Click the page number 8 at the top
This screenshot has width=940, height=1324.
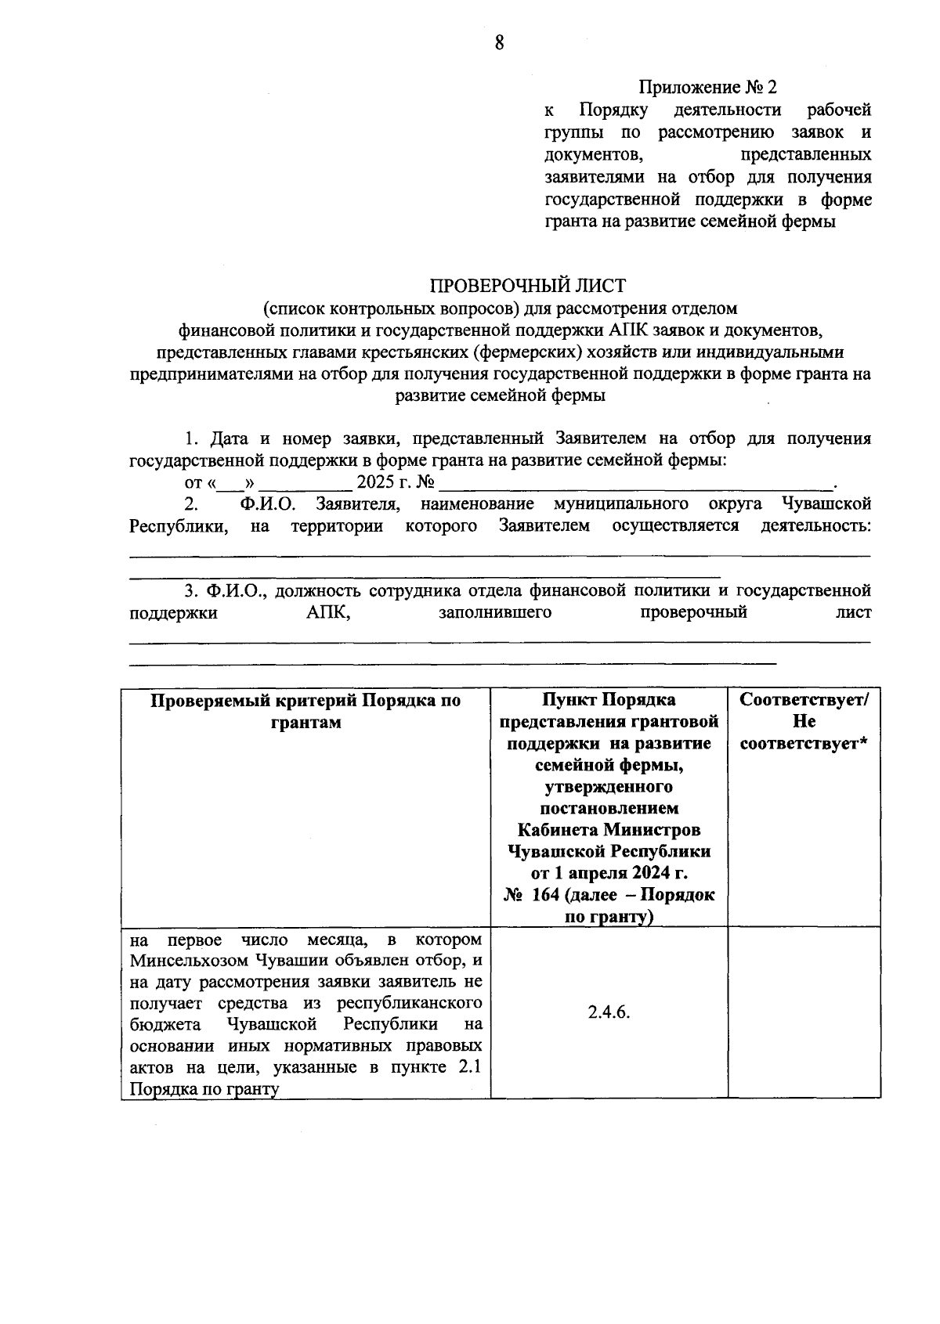tap(499, 43)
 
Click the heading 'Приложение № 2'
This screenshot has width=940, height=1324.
tap(709, 87)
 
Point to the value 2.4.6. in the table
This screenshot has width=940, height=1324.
tap(609, 1012)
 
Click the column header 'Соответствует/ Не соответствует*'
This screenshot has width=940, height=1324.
tap(804, 721)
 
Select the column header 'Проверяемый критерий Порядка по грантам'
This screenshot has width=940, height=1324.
tap(305, 711)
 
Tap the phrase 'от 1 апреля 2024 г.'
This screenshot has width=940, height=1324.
tap(609, 873)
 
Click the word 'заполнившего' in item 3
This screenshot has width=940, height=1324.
tap(495, 612)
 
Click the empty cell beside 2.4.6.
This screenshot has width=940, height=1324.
tap(804, 1012)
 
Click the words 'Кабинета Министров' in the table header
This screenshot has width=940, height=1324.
tap(609, 829)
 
